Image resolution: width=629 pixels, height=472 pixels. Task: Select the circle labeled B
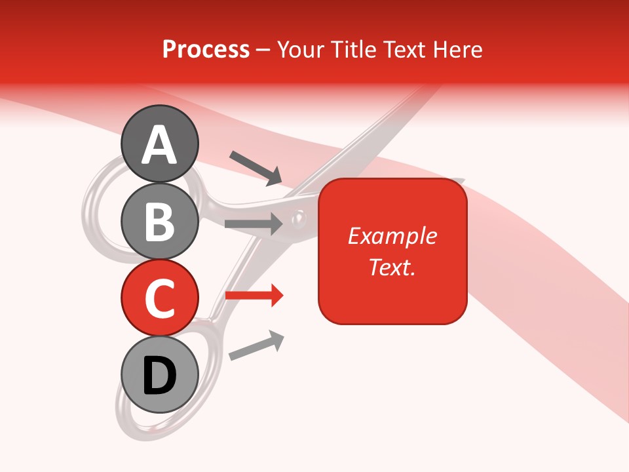[x=159, y=221]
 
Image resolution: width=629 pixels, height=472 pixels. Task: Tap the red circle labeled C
[x=159, y=298]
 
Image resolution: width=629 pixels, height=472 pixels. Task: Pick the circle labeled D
[x=159, y=375]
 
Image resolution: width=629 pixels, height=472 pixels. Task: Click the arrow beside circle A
[x=256, y=167]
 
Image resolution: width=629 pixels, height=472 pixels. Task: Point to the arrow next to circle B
[x=254, y=224]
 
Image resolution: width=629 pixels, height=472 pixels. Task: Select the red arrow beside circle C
[x=254, y=296]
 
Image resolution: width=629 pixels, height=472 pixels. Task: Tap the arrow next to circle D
[x=256, y=345]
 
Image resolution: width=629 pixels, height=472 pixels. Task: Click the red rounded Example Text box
[x=392, y=251]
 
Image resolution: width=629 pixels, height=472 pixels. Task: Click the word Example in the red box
[x=392, y=236]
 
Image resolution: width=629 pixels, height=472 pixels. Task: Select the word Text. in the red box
[x=392, y=267]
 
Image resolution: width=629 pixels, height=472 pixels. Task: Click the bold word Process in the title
[x=206, y=49]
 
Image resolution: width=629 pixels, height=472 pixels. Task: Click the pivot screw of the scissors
[x=299, y=216]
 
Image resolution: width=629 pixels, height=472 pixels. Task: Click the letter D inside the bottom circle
[x=159, y=376]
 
